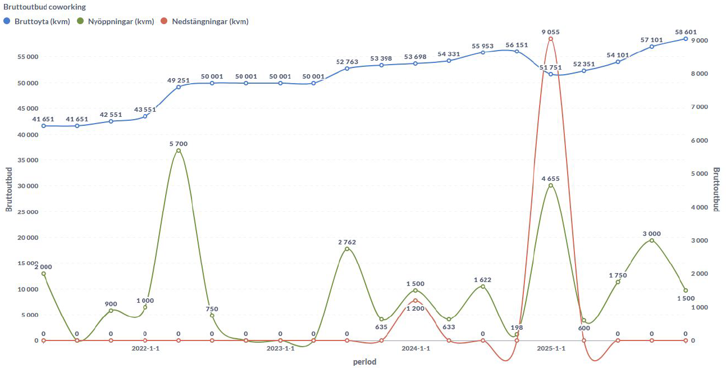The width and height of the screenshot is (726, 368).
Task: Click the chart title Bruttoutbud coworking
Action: pyautogui.click(x=44, y=7)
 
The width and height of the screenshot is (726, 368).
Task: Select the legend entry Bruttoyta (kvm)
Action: pyautogui.click(x=36, y=21)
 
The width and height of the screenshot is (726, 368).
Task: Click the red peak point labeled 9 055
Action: pyautogui.click(x=550, y=38)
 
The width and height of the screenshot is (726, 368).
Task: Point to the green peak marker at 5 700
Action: pyautogui.click(x=179, y=151)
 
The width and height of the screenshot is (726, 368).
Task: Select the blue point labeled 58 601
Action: pyautogui.click(x=686, y=39)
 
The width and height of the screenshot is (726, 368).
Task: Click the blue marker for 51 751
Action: pyautogui.click(x=550, y=74)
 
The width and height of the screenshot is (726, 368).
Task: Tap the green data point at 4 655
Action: pyautogui.click(x=550, y=185)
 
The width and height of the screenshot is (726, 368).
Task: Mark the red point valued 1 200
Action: pyautogui.click(x=415, y=301)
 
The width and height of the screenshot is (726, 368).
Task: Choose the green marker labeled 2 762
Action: pyautogui.click(x=347, y=248)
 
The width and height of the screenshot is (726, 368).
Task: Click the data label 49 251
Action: pyautogui.click(x=178, y=80)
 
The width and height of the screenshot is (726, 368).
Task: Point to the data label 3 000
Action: pyautogui.click(x=651, y=234)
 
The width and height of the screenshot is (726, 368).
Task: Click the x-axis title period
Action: pyautogui.click(x=364, y=362)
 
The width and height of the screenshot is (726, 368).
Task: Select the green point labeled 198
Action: pyautogui.click(x=517, y=334)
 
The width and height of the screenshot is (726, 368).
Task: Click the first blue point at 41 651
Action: pyautogui.click(x=43, y=126)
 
